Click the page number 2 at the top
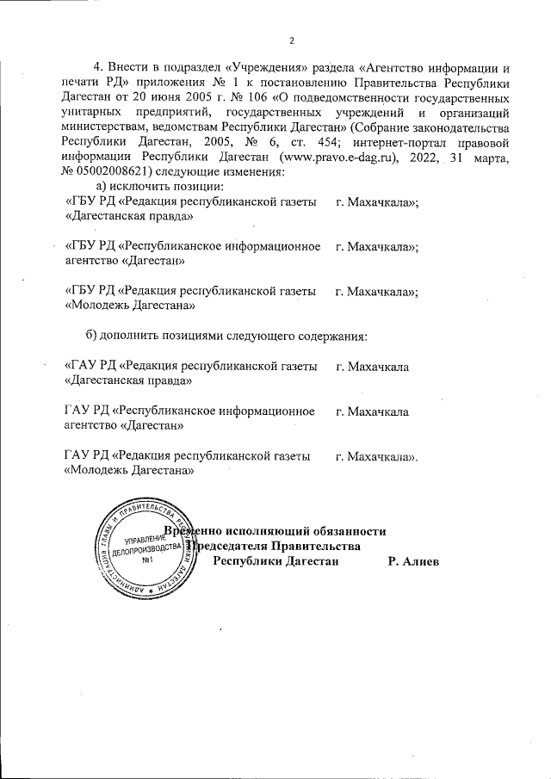click(291, 41)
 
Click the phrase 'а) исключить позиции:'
click(160, 186)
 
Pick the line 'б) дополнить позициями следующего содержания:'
click(226, 334)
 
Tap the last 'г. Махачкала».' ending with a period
click(376, 455)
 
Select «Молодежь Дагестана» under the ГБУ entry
click(129, 304)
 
